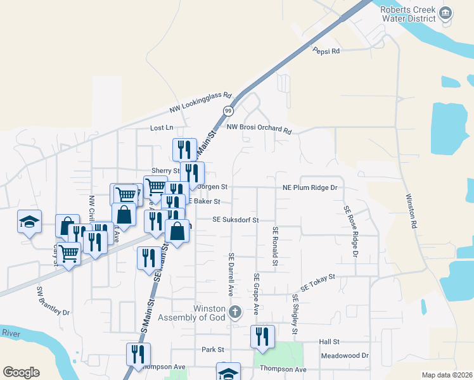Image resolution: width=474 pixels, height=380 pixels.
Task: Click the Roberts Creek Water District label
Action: point(408,15)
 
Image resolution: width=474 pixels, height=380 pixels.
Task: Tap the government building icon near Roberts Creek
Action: point(446,13)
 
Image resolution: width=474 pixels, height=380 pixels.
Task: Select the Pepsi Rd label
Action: point(326,51)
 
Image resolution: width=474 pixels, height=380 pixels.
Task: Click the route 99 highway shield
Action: point(228,111)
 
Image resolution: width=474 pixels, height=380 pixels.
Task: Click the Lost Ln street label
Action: point(162,128)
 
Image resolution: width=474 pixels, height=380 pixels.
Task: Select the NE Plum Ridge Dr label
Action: point(309,187)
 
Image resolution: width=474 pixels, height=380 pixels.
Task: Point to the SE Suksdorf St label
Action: point(236,220)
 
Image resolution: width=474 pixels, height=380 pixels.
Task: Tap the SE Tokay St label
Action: point(317,282)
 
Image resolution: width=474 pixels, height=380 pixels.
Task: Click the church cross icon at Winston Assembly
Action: point(235,311)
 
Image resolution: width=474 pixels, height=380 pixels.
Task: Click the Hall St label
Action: point(330,341)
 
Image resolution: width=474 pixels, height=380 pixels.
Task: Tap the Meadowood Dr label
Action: point(345,356)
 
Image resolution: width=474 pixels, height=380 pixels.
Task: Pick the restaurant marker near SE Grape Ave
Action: point(262,336)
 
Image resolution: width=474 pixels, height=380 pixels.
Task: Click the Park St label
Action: point(213,350)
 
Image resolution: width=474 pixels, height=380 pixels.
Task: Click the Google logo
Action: point(21,372)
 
